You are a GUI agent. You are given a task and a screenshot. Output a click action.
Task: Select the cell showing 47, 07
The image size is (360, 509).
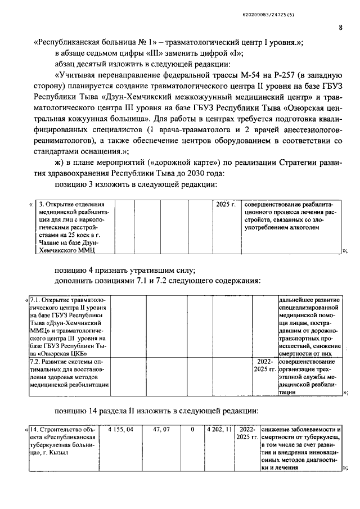pyautogui.click(x=162, y=430)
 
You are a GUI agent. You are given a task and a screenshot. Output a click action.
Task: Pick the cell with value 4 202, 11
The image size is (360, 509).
pyautogui.click(x=218, y=430)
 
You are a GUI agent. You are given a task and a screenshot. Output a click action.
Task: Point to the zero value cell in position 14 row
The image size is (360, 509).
pyautogui.click(x=192, y=430)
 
